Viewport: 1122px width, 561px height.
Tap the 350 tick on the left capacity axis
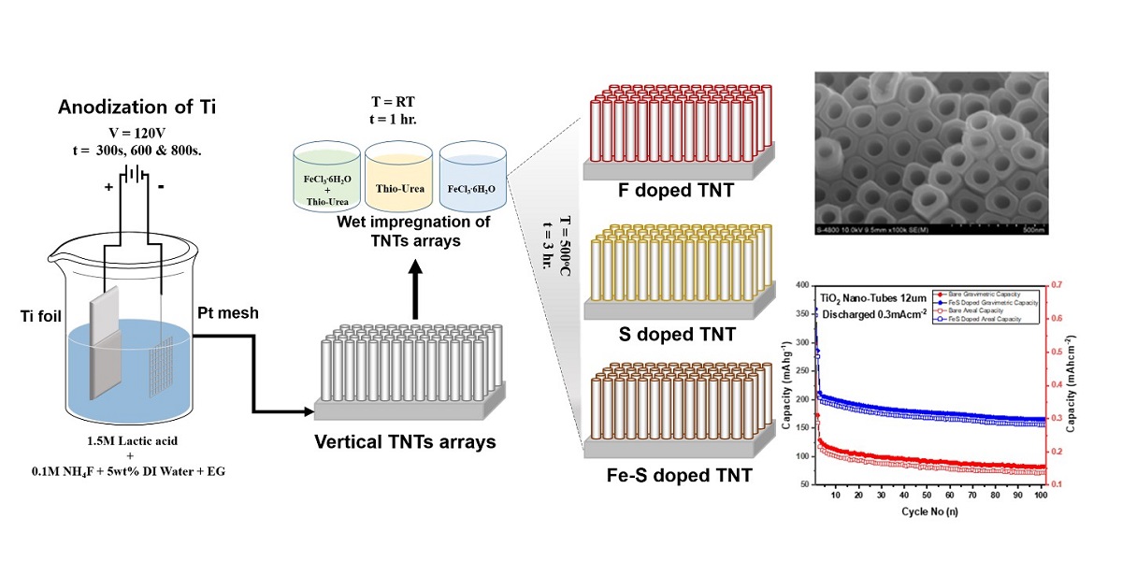[804, 313]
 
